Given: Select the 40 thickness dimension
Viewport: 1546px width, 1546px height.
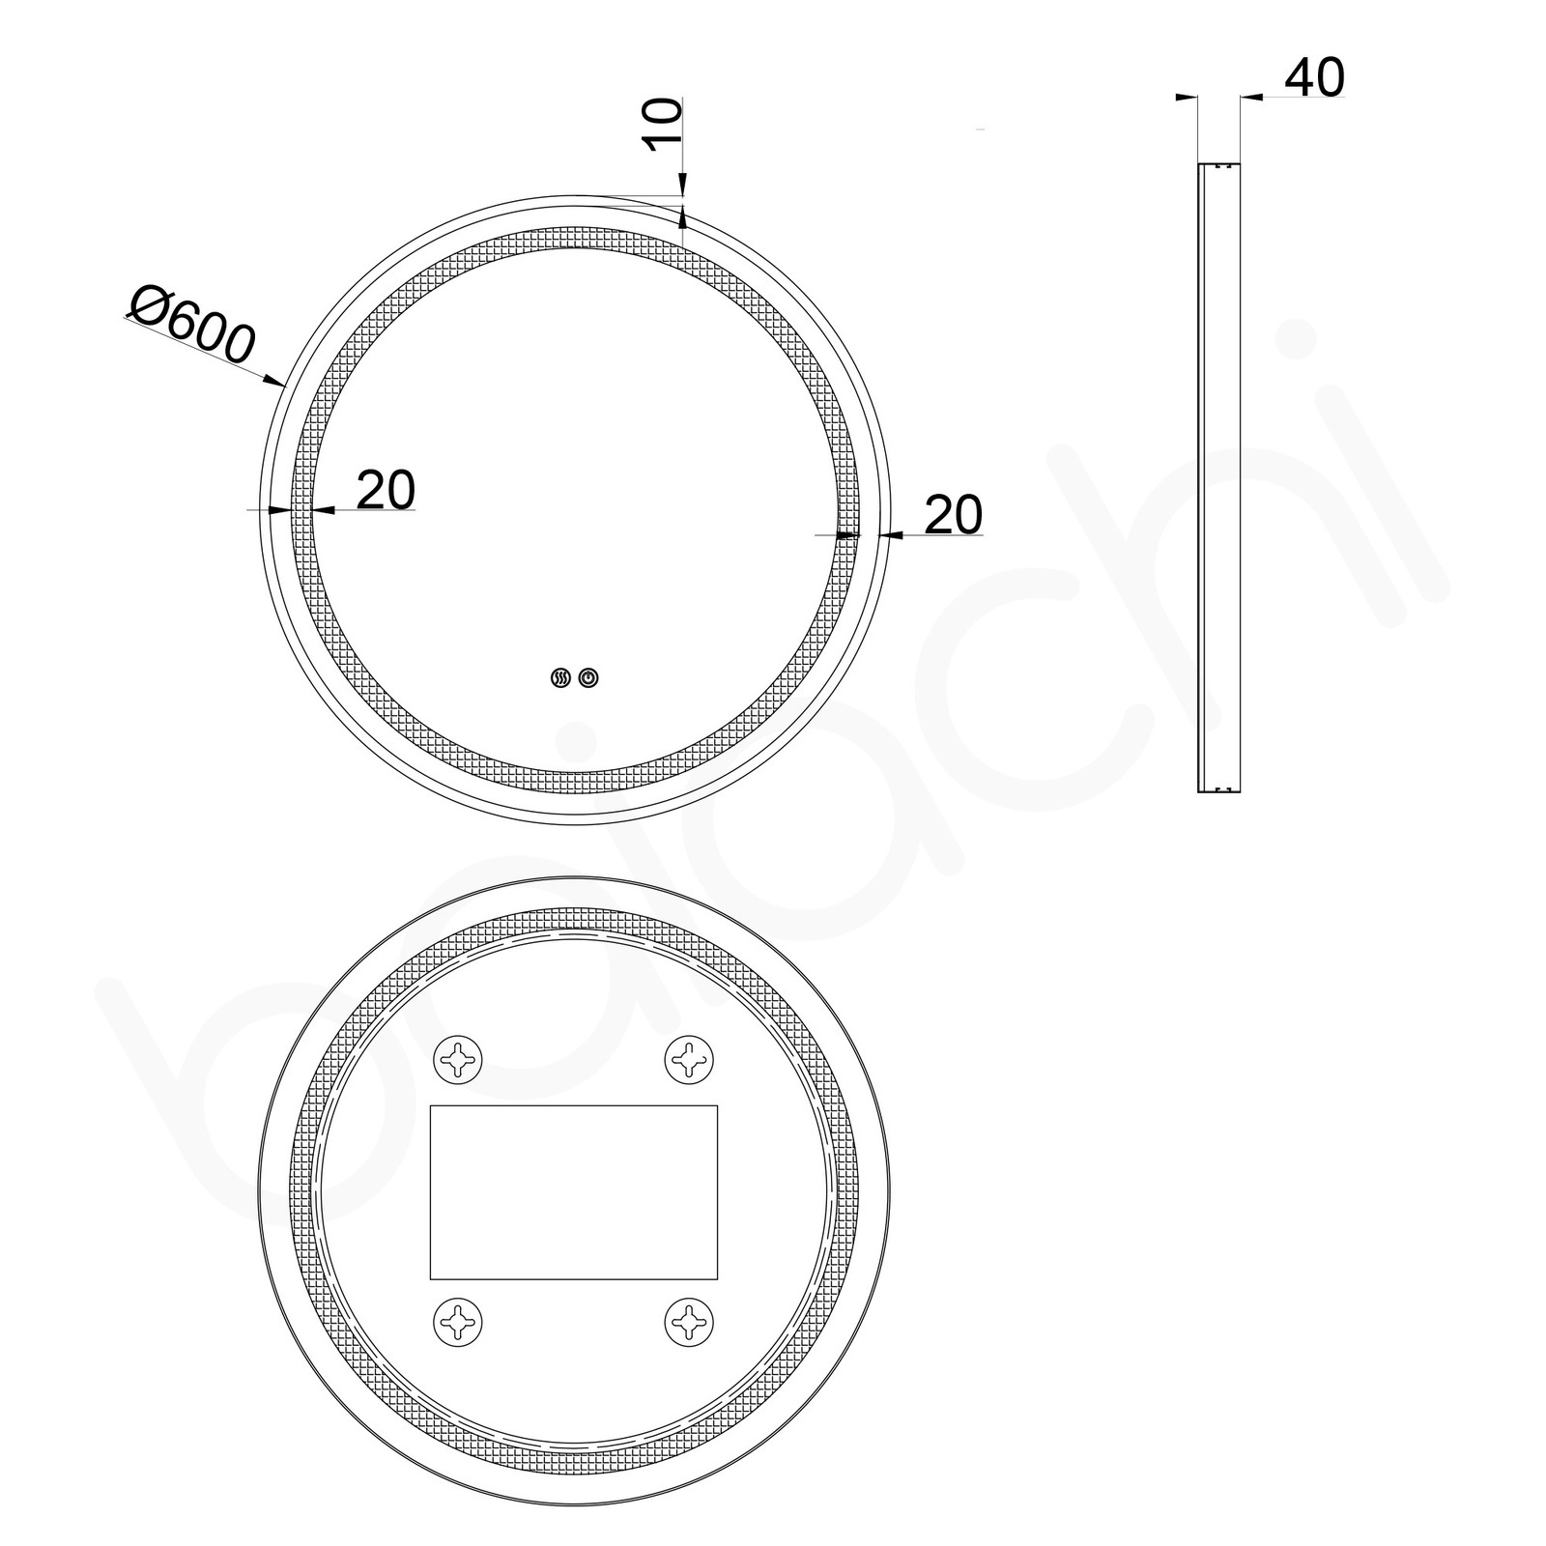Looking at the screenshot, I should [1314, 77].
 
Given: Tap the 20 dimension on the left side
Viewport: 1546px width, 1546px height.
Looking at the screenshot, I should [386, 490].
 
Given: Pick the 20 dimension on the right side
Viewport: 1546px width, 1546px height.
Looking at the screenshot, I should [953, 514].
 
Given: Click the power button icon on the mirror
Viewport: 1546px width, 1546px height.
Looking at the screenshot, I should [588, 679].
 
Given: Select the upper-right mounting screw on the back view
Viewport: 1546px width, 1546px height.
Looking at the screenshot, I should [690, 1060].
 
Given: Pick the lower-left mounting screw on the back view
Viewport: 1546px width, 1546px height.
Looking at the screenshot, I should [458, 1321].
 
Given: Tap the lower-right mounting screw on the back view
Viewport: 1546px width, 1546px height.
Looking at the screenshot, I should [690, 1321].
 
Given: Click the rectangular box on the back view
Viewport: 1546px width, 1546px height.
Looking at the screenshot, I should [573, 1190].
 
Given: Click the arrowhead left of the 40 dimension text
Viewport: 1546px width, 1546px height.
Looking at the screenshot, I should [1248, 97].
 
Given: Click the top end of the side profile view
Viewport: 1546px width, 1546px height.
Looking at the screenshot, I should [1218, 165].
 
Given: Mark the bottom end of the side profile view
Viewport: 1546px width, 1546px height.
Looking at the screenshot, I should [1218, 790].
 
